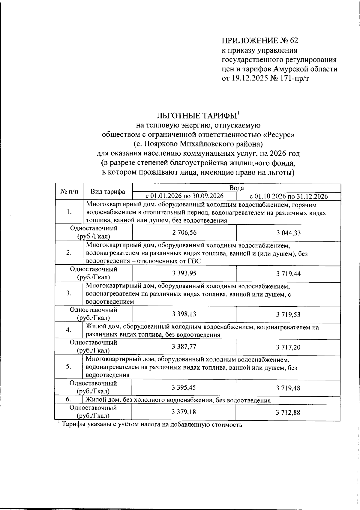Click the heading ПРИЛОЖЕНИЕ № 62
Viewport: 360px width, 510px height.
260,40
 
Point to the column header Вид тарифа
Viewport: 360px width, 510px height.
108,192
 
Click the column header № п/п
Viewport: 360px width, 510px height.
69,192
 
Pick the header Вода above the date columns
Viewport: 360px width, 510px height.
236,188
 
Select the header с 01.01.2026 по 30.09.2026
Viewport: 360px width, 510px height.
184,196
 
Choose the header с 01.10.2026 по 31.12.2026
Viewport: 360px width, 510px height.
288,196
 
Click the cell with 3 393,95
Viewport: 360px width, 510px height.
184,273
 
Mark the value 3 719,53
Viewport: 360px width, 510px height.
288,315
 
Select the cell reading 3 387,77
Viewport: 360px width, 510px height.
184,347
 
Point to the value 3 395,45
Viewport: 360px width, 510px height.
184,388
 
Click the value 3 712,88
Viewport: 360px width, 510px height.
288,412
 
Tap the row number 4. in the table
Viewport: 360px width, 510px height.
69,330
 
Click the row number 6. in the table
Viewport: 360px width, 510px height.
69,400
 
